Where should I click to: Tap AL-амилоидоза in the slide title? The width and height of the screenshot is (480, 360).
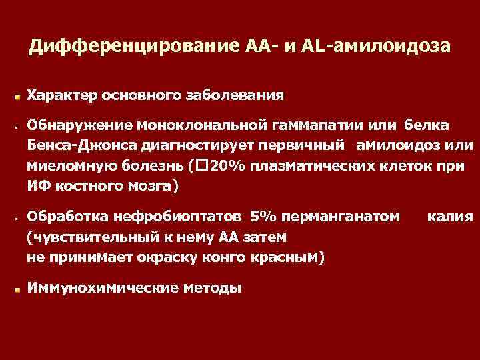(378, 47)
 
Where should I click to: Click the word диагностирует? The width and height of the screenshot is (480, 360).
(185, 144)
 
